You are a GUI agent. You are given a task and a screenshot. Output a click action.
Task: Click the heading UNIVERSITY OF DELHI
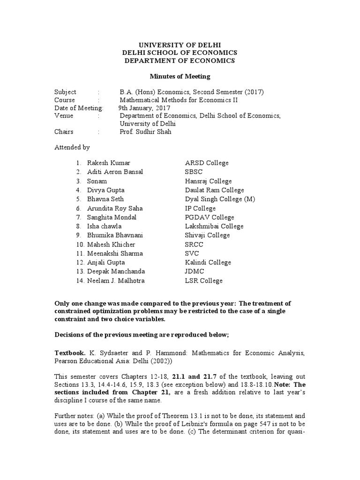pyautogui.click(x=180, y=44)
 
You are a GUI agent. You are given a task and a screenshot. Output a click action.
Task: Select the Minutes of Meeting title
pyautogui.click(x=180, y=76)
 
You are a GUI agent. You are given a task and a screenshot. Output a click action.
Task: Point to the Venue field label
pyautogui.click(x=64, y=116)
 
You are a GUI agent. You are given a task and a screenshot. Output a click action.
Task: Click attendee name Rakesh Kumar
pyautogui.click(x=109, y=163)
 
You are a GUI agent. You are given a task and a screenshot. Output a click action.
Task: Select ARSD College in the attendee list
pyautogui.click(x=207, y=163)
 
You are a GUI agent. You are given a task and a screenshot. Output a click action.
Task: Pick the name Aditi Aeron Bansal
pyautogui.click(x=115, y=172)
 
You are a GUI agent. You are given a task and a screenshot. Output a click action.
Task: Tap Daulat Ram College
pyautogui.click(x=214, y=190)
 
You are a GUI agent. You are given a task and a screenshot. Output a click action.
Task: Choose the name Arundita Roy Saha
pyautogui.click(x=115, y=208)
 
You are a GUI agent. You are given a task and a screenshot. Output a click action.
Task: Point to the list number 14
pyautogui.click(x=79, y=281)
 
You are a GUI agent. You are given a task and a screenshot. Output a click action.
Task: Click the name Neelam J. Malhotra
pyautogui.click(x=116, y=281)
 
